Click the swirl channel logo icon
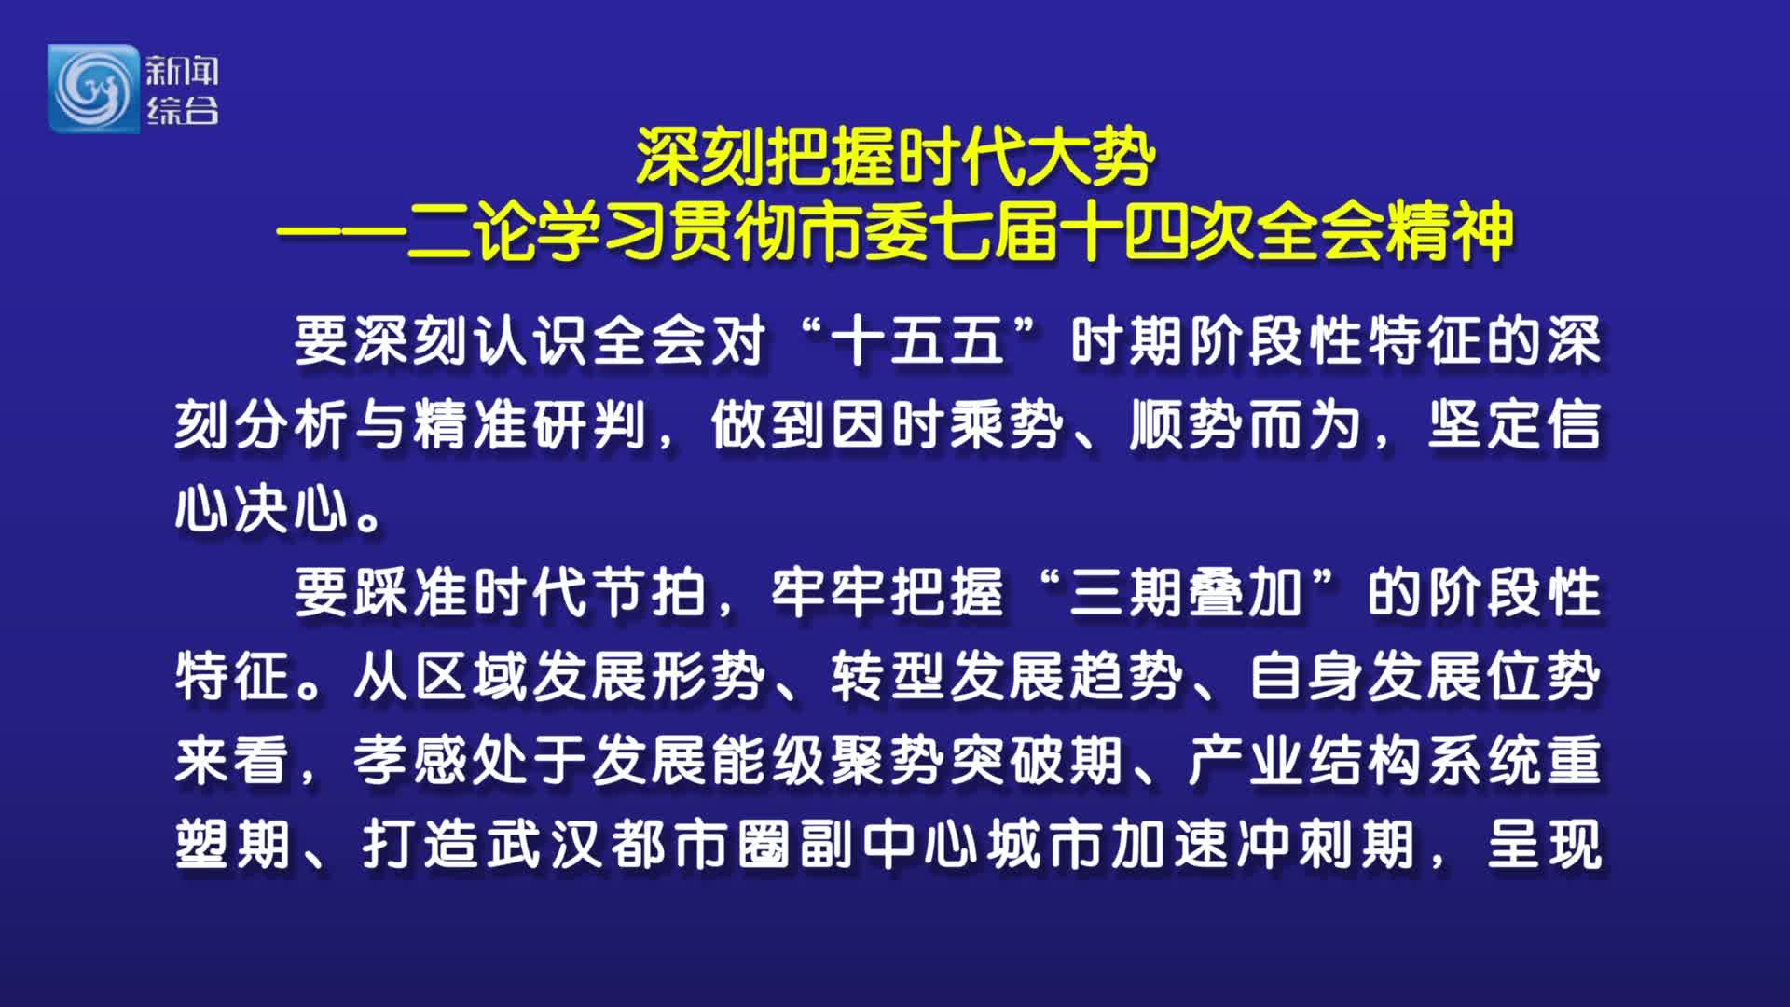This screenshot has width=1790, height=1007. pyautogui.click(x=94, y=89)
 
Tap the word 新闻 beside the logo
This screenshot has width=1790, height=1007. pyautogui.click(x=182, y=70)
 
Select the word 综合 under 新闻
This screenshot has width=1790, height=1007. pyautogui.click(x=182, y=110)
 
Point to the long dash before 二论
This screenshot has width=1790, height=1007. pyautogui.click(x=341, y=233)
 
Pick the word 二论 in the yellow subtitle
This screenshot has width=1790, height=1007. pyautogui.click(x=472, y=232)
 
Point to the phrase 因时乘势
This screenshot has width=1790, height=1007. pyautogui.click(x=949, y=425)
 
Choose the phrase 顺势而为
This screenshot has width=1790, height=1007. pyautogui.click(x=1245, y=425)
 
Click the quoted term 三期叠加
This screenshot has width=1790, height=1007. pyautogui.click(x=1186, y=592)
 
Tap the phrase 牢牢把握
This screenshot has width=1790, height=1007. pyautogui.click(x=888, y=592)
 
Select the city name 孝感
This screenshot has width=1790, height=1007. pyautogui.click(x=412, y=760)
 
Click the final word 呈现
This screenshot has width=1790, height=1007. pyautogui.click(x=1544, y=844)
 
